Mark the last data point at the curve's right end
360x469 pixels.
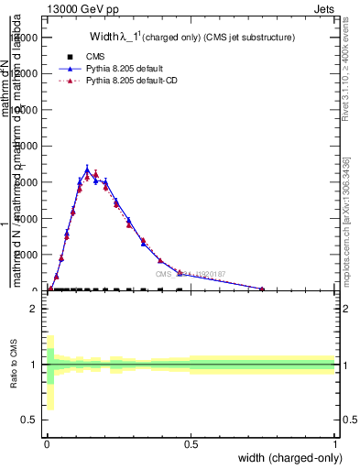click(x=263, y=289)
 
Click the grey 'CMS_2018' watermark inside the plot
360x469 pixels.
click(x=192, y=273)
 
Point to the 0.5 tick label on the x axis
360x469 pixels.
click(x=191, y=444)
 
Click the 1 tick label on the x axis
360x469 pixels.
click(x=335, y=444)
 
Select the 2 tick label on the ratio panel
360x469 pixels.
click(x=33, y=309)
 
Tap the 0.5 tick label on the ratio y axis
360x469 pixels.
click(x=29, y=420)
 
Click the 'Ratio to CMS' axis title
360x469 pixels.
click(x=13, y=365)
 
